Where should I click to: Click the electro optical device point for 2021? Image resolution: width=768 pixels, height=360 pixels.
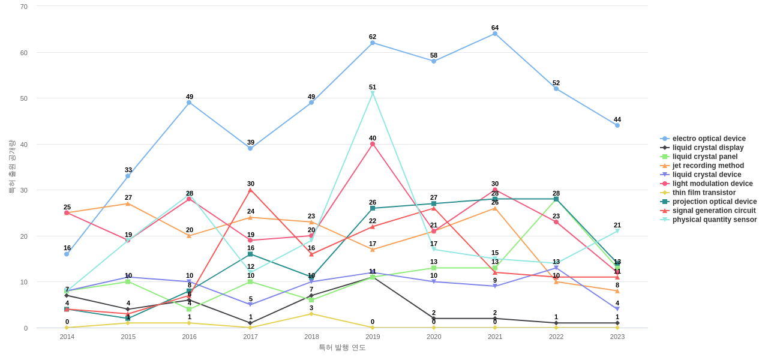point(495,34)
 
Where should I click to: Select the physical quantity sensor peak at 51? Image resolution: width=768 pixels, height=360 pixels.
point(373,93)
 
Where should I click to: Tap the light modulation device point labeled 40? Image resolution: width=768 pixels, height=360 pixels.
point(373,144)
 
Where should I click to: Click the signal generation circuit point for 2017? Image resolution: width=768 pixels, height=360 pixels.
point(250,190)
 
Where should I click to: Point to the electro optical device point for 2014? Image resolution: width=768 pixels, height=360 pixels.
point(67,254)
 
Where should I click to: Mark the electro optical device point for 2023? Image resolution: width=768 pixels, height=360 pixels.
point(617,125)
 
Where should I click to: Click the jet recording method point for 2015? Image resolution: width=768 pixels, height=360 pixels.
point(128,204)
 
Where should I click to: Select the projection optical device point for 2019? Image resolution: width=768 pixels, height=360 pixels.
point(373,208)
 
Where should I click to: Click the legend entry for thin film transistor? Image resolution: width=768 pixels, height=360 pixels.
point(704,193)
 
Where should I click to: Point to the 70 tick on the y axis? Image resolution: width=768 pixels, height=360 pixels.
point(24,7)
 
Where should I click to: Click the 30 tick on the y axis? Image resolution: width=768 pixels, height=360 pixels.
point(24,190)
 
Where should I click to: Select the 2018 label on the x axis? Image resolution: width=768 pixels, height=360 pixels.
point(311,337)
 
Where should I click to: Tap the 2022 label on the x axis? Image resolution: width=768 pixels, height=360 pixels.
point(556,337)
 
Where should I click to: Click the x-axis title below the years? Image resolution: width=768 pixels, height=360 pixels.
point(342,347)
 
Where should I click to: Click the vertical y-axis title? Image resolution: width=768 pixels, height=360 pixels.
point(11,167)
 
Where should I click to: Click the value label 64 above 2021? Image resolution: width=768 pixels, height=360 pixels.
point(495,28)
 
